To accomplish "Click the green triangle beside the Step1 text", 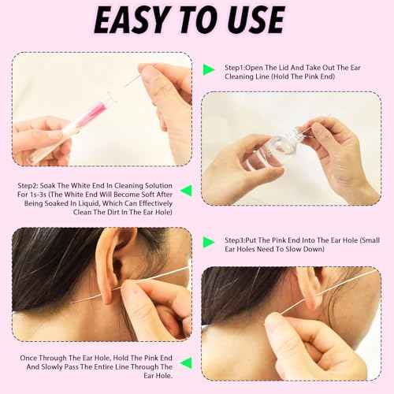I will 209,69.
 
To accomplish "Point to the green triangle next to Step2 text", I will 186,190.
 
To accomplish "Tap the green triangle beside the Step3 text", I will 209,241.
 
